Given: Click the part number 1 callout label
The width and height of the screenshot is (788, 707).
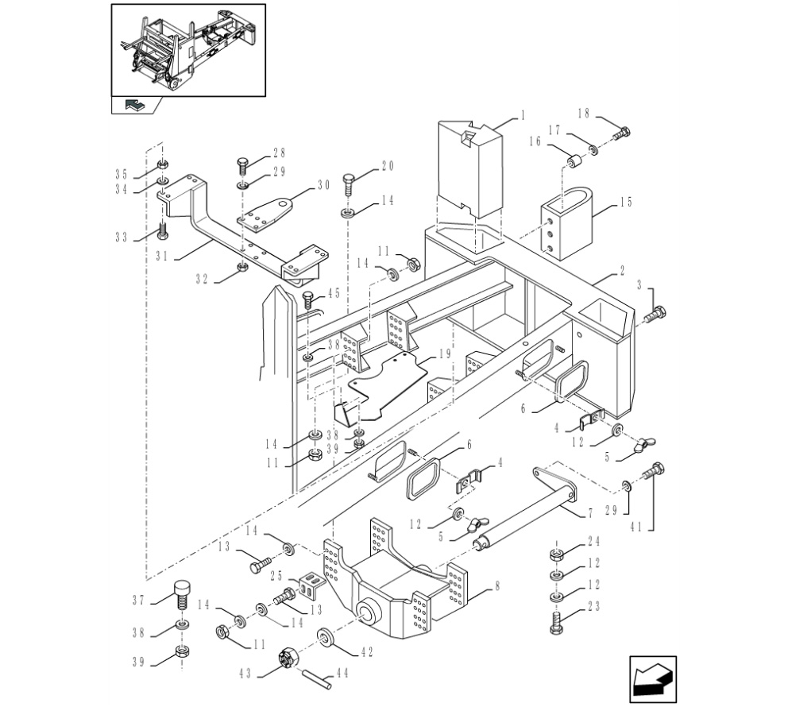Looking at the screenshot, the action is coord(523,115).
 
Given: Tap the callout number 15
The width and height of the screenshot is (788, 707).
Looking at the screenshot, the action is coord(626,202).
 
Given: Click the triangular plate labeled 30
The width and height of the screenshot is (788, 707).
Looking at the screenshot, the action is coord(265,214).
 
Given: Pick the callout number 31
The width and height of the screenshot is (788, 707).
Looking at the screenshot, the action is coord(161,256).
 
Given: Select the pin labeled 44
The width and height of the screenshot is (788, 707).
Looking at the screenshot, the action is coord(317,679).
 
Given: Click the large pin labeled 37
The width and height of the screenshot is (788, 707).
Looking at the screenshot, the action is coord(182,594).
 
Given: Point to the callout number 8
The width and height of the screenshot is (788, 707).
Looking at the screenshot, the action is coord(497,586).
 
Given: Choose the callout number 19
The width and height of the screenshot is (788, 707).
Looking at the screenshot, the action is coord(445,353).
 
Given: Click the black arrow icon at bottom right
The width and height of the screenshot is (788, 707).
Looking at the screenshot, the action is coord(653,679).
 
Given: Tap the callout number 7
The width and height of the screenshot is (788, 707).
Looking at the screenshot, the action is coord(590,512).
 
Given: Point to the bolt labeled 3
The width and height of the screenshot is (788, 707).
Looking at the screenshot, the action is coord(655,314).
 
